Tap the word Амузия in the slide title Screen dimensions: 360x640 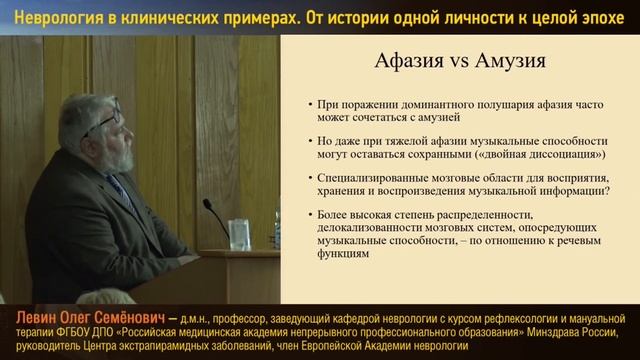[x=506, y=60]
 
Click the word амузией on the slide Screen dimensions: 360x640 [x=418, y=117]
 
